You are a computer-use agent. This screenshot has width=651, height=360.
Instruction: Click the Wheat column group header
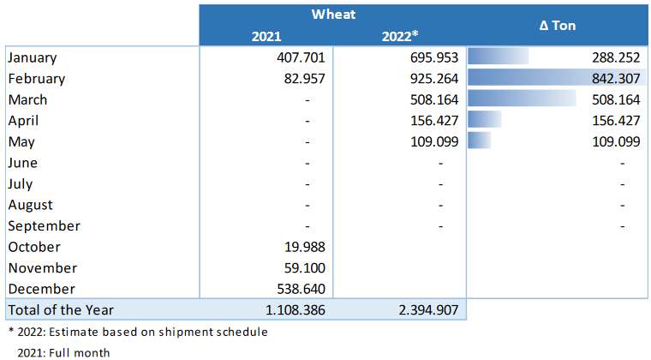(332, 15)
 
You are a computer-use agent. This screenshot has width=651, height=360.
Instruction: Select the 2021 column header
(266, 36)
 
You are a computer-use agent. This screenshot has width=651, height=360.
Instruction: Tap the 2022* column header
(399, 36)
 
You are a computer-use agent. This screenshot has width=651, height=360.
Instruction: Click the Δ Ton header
(557, 26)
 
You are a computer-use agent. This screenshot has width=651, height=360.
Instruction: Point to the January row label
(32, 57)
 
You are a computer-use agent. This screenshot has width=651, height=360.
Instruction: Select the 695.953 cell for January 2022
(432, 57)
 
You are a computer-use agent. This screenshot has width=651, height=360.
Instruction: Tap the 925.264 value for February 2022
(432, 79)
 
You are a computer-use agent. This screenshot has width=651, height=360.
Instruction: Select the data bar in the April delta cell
(485, 121)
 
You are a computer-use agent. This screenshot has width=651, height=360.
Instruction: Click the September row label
(44, 226)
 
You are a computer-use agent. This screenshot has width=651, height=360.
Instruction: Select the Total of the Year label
(60, 309)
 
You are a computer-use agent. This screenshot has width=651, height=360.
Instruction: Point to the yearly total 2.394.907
(427, 309)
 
